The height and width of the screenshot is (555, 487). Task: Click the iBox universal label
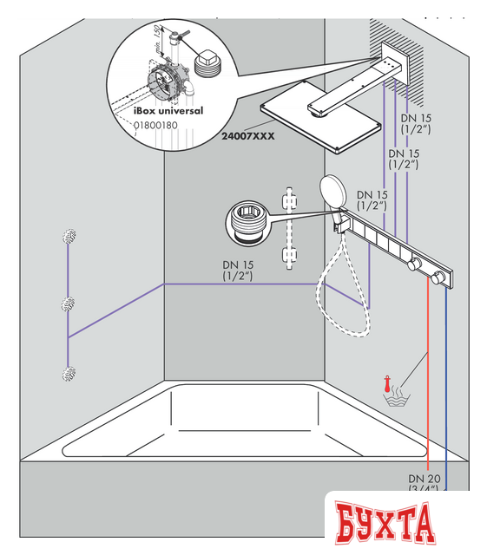click(x=169, y=110)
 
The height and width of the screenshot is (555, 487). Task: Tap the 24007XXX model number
click(x=247, y=136)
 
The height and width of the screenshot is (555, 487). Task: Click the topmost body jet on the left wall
click(x=69, y=236)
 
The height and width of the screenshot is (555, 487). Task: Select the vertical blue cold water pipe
click(x=446, y=382)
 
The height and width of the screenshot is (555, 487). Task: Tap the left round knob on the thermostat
click(x=414, y=264)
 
